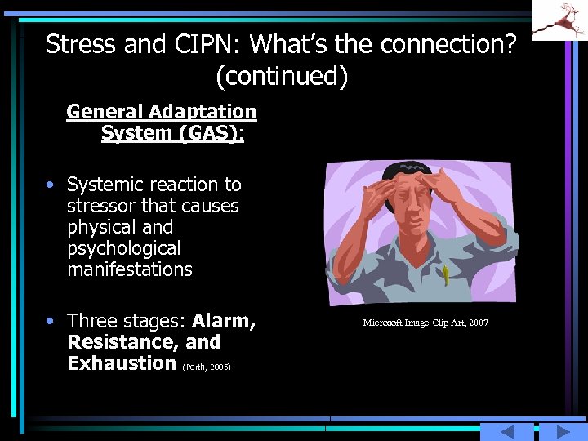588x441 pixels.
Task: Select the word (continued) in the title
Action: pos(282,76)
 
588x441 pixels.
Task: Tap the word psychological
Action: pos(123,248)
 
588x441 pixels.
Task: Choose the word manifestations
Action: pos(130,269)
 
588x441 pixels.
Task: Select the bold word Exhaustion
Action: pos(122,363)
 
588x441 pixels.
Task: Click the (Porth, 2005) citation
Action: pos(207,367)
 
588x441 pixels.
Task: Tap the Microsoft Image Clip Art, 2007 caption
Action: pos(425,323)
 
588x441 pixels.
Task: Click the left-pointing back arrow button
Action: pos(506,432)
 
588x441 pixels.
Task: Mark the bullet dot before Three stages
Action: pos(51,321)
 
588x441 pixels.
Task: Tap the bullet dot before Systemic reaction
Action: pos(51,185)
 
